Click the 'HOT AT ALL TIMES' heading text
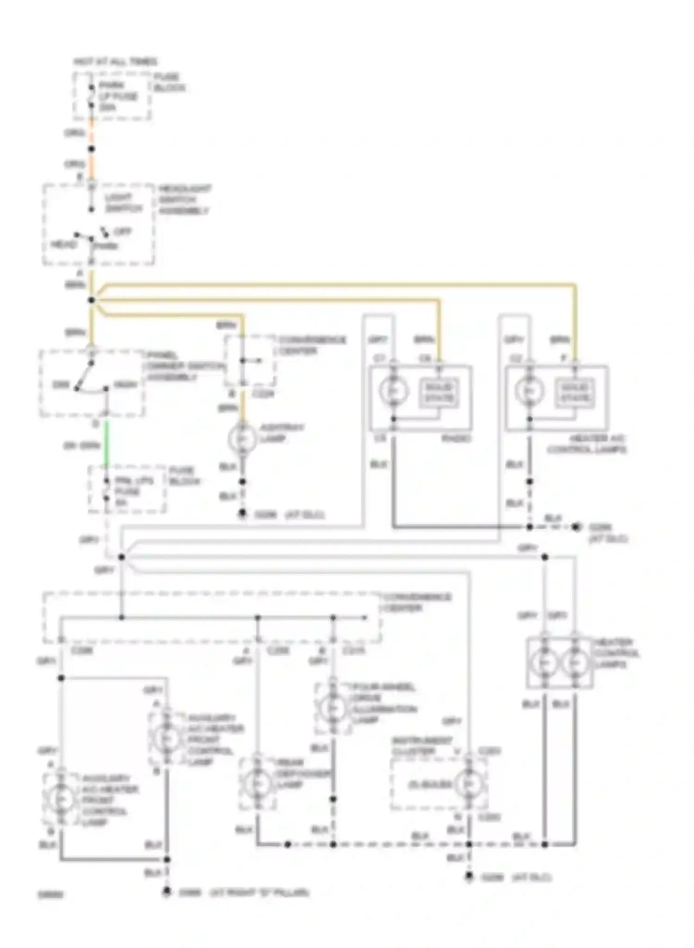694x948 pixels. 115,62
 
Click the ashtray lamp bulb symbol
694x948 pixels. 242,438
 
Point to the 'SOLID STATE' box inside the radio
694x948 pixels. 439,393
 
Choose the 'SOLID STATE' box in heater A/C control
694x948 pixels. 575,393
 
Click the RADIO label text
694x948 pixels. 456,438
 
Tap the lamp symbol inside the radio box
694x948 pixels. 394,391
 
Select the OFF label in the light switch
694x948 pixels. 122,231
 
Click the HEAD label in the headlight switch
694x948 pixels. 63,244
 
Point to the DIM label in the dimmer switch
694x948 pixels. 61,385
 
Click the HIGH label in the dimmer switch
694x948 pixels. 124,385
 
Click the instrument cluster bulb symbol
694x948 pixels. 469,784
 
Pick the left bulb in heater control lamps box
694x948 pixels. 544,663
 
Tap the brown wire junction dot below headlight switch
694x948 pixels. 92,300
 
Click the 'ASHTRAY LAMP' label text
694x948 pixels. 281,433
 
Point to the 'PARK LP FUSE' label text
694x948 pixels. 118,96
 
